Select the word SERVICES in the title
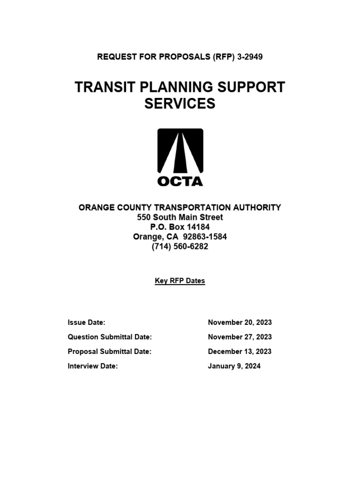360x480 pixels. (x=180, y=103)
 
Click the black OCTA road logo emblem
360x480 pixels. (x=180, y=151)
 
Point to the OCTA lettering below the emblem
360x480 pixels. (x=180, y=181)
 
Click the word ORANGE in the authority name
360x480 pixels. (x=96, y=207)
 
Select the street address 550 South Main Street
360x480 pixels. (x=180, y=217)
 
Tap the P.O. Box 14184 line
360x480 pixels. (x=180, y=227)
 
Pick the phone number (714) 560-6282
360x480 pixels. (x=180, y=247)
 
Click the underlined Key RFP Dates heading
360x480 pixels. (x=180, y=281)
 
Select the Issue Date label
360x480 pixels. (x=86, y=322)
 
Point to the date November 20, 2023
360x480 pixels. (x=240, y=322)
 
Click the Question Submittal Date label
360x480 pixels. (x=110, y=337)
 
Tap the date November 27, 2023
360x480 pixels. (x=240, y=337)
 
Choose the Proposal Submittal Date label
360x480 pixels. (x=110, y=352)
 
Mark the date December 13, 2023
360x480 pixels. (x=240, y=352)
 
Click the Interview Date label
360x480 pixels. (x=92, y=366)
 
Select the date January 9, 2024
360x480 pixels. (x=234, y=366)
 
